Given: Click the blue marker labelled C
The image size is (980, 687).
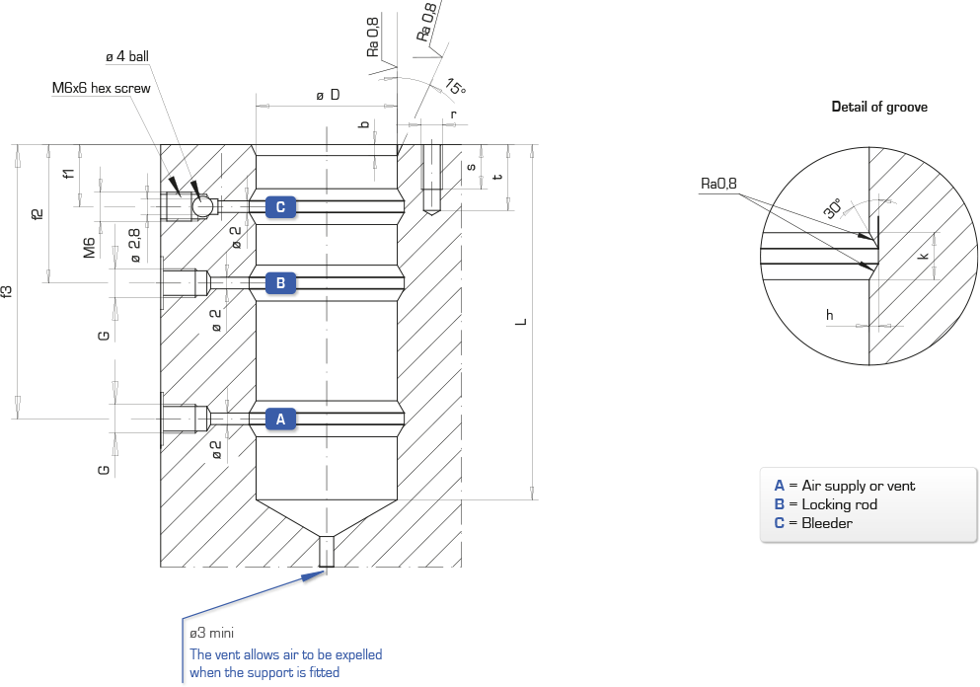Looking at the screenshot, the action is point(280,207).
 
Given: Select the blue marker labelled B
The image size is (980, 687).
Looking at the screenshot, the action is point(280,283).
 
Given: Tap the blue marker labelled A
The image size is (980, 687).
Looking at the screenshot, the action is point(280,419).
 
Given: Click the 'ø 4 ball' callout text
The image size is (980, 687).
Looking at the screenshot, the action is point(127,56).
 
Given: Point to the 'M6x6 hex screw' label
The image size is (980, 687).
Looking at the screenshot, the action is point(102,88).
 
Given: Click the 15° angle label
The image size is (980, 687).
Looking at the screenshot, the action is point(456,86).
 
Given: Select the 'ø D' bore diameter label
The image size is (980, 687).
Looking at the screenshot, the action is point(328,95).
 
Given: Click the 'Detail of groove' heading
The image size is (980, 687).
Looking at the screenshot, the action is point(879,107).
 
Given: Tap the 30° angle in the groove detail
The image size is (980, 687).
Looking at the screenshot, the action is point(833,208).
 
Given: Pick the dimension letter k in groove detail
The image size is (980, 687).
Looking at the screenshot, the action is point(925,255).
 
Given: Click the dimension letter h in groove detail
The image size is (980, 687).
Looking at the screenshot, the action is point(829,315).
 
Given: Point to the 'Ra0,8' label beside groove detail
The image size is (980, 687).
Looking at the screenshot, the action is point(718,184).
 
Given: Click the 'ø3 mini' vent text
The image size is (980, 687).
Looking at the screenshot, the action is point(212,634).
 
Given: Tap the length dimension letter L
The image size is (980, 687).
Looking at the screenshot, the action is point(521,322).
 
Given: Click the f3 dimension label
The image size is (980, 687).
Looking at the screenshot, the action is point(6,291).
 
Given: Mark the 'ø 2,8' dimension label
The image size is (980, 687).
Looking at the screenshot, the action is point(134,245).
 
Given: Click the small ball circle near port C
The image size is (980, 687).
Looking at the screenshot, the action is point(201,206).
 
